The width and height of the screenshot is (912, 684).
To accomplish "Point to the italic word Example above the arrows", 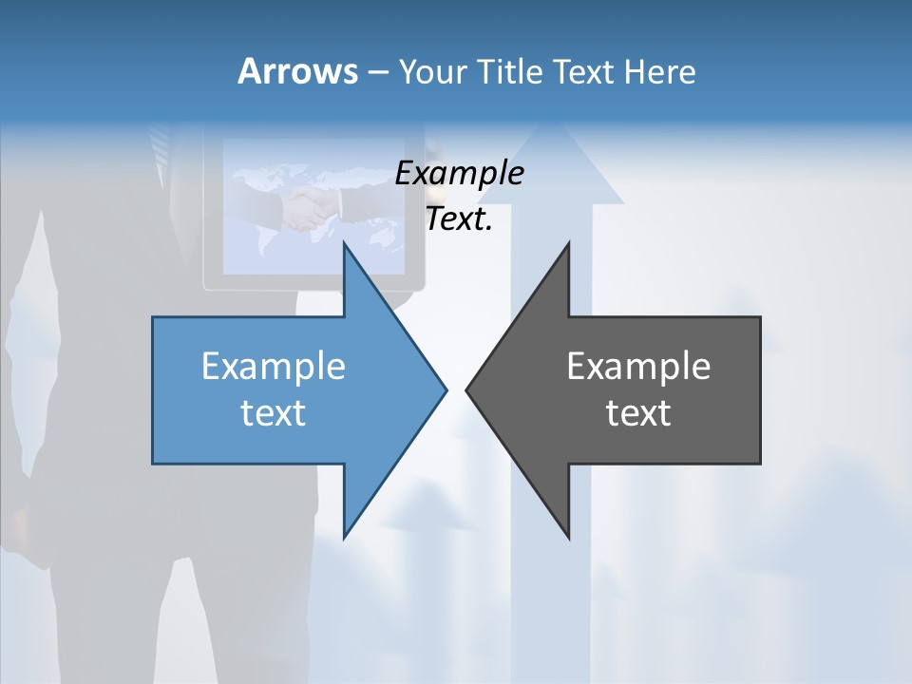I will pos(459,173).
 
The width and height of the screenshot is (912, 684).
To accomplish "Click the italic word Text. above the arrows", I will pos(459,219).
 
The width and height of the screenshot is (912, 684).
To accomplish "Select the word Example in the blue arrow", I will pos(274,366).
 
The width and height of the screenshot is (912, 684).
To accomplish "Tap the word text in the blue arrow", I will pos(274,413).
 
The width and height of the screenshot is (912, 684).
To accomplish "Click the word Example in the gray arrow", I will pos(638,366).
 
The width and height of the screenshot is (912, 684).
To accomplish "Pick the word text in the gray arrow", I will pos(638,413).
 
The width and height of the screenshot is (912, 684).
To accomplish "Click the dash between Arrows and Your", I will pos(378,72).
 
